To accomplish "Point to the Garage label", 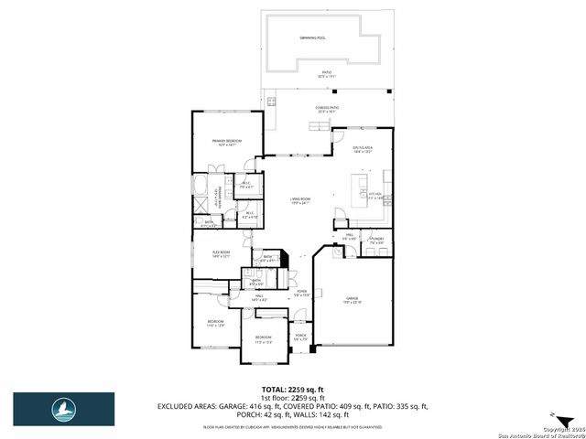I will pos(353,299).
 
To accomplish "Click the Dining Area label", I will pos(364,148).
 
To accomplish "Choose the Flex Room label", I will pos(221,253).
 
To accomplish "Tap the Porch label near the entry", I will pos(300,337).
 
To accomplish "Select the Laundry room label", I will pos(377,240).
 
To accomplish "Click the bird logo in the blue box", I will pos(63,407).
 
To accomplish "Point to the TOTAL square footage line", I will pos(293,389).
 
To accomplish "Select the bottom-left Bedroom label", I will pos(215,323).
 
